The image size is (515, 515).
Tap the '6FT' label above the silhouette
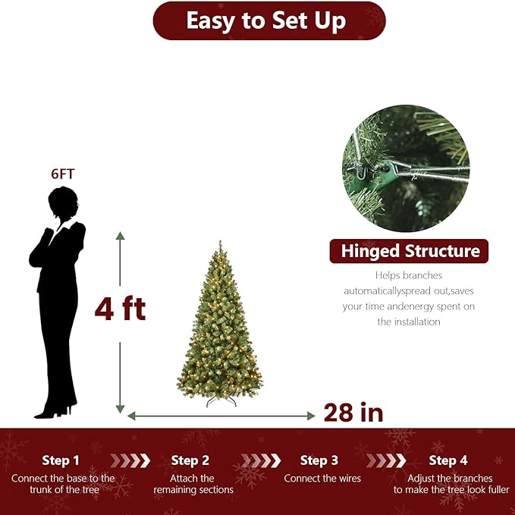[63, 174]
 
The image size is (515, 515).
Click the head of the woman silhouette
[63, 203]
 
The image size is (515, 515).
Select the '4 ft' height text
[120, 309]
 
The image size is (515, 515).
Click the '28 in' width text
[353, 413]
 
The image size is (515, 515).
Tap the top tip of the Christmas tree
[220, 243]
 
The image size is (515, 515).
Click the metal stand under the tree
[221, 400]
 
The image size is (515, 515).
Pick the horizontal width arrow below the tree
[221, 416]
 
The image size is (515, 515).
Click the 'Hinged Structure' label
[410, 251]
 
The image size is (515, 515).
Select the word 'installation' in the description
[409, 322]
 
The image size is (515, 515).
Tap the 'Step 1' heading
[61, 460]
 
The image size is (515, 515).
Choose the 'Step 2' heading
[190, 460]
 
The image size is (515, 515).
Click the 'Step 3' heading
[319, 460]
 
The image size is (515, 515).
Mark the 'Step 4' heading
[448, 460]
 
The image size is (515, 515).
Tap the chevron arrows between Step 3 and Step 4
[385, 460]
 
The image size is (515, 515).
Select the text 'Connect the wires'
[322, 479]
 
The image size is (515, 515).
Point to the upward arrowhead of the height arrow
[120, 237]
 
